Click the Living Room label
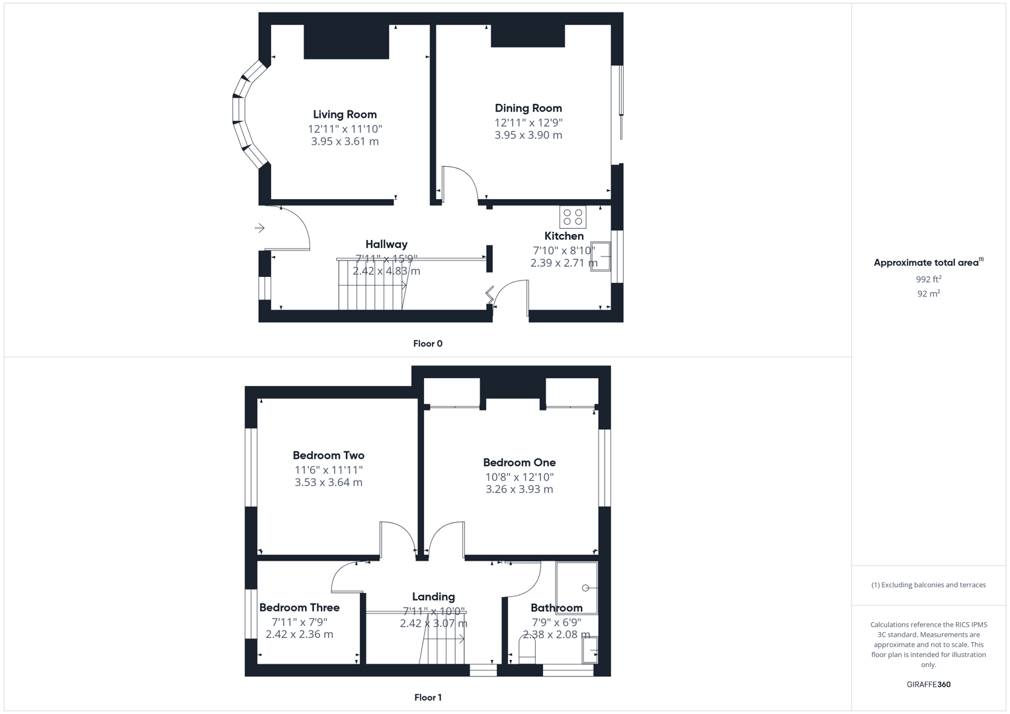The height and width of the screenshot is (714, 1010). point(345,114)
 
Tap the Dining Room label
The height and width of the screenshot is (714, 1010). point(528,108)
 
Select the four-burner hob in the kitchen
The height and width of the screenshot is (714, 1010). point(573,217)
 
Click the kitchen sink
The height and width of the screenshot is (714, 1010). point(601,257)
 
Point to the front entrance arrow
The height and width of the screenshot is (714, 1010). point(259,228)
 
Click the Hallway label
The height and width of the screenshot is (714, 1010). point(386,245)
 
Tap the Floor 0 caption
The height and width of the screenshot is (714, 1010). point(427,344)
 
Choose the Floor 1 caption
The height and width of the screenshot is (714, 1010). point(427,697)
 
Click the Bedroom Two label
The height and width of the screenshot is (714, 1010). point(328,456)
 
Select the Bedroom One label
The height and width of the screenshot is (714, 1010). point(519,463)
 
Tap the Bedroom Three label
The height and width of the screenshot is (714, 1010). point(299,608)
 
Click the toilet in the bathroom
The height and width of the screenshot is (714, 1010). point(527,651)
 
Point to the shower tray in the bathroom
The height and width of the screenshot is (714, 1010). point(577,587)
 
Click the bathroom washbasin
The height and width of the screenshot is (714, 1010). point(589,650)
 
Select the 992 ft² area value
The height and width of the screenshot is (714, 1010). point(928,279)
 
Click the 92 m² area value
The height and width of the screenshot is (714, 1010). point(928,294)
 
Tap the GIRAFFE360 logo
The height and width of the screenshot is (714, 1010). point(928,684)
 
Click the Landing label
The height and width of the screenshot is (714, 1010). point(433,597)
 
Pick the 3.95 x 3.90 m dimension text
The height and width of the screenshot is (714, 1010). point(528,135)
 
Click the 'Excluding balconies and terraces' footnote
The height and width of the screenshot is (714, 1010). point(928,585)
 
